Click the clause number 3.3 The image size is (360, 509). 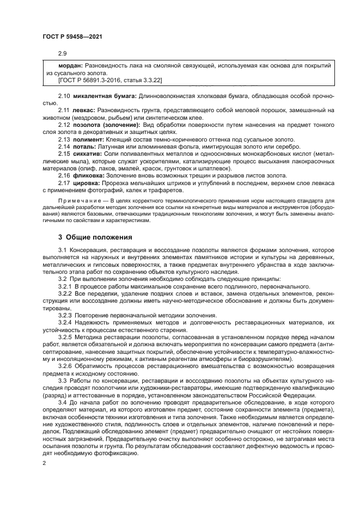pyautogui.click(x=63, y=381)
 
